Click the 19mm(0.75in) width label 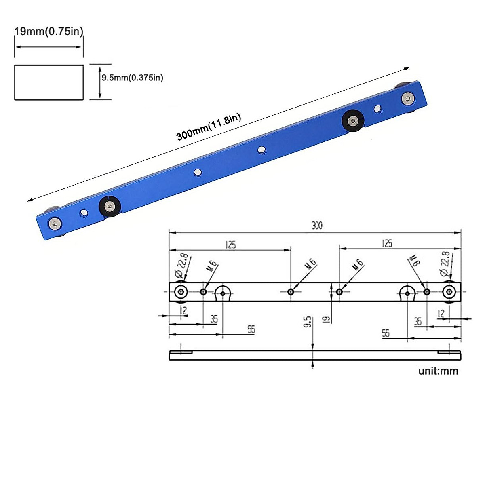[48, 32]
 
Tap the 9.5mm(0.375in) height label [132, 78]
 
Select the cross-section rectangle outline [49, 82]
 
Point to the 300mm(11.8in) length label [209, 127]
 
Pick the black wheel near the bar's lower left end [110, 207]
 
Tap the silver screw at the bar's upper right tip [408, 97]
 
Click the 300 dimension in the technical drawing [317, 226]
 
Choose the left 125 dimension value [231, 245]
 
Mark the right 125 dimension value [387, 243]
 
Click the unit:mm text [438, 371]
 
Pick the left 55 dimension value [251, 329]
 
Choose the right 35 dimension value [418, 321]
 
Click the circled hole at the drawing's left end [181, 292]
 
